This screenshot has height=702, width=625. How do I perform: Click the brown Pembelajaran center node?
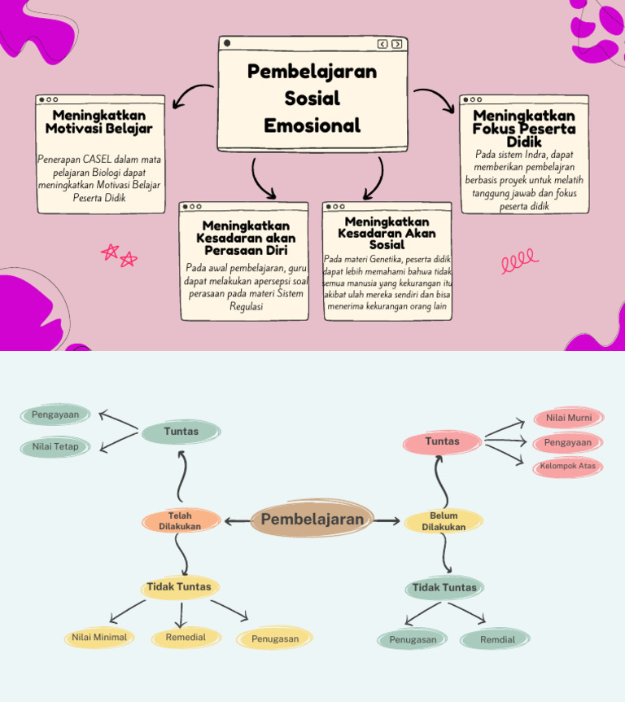(x=312, y=520)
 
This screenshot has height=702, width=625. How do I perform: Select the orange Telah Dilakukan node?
(x=181, y=521)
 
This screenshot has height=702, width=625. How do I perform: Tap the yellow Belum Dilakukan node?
(x=444, y=521)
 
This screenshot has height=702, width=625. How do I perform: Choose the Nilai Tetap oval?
(x=55, y=447)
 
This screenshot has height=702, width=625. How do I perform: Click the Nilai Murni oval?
(x=568, y=418)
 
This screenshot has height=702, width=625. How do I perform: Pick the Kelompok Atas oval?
(x=568, y=467)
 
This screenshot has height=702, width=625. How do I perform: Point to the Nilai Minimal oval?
(x=98, y=638)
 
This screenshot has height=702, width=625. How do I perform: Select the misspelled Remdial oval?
(x=497, y=639)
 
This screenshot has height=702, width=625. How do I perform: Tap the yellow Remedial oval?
(x=186, y=638)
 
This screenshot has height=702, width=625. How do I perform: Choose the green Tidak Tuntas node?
(x=444, y=587)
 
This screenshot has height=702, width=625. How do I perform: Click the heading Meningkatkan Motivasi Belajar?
(x=98, y=122)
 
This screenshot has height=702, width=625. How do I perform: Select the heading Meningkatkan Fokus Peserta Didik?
(x=524, y=129)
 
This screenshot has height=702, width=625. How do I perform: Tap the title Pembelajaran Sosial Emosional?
(x=312, y=99)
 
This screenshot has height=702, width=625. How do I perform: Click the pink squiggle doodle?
(x=519, y=260)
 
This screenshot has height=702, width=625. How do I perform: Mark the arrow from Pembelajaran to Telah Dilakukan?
(x=238, y=521)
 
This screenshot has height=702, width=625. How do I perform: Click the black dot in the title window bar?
(x=227, y=43)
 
